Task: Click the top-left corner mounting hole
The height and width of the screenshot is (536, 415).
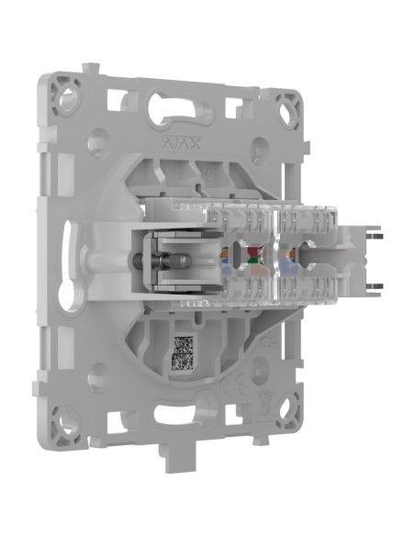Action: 64,92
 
